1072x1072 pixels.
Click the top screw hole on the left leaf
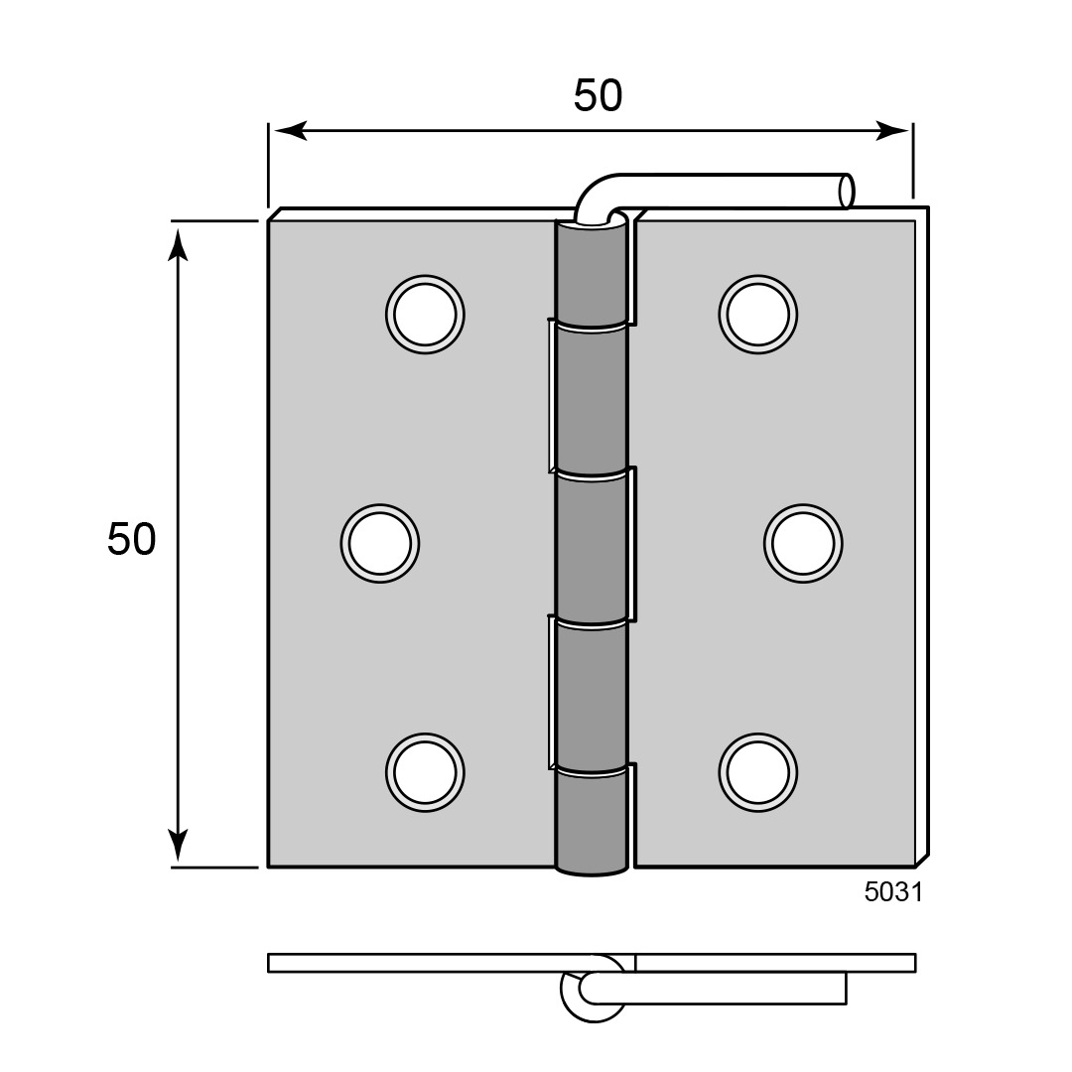click(x=425, y=315)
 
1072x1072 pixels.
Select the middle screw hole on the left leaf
click(x=380, y=544)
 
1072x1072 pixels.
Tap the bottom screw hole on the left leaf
click(x=425, y=772)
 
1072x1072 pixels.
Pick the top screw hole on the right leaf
click(x=758, y=315)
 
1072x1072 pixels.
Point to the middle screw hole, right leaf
click(x=803, y=544)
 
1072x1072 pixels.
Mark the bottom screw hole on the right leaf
click(x=758, y=772)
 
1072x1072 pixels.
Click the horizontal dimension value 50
click(x=598, y=95)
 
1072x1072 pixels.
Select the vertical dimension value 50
click(x=131, y=539)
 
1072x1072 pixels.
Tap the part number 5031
click(x=893, y=892)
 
